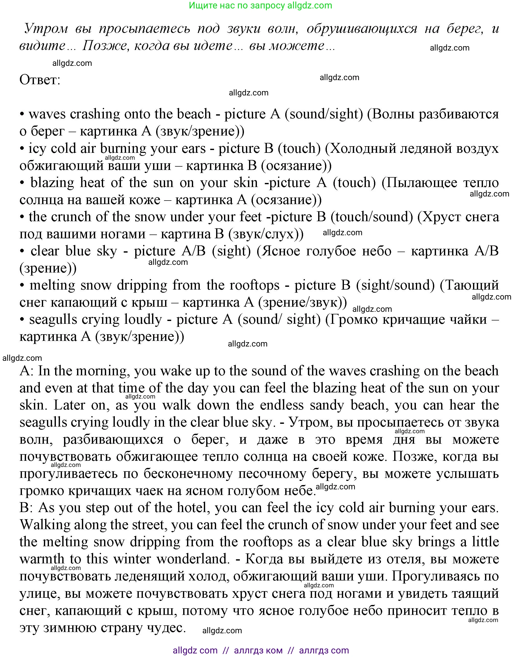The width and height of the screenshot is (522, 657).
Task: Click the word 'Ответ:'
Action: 40,80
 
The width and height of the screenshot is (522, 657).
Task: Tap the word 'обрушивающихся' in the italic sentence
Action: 362,28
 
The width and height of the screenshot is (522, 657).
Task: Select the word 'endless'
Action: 282,405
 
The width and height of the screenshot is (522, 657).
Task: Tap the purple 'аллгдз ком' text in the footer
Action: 258,650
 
